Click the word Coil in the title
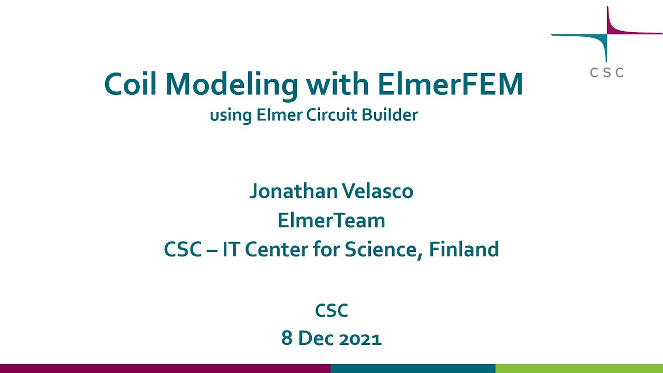(130, 84)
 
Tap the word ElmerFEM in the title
(450, 84)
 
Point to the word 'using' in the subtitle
(230, 116)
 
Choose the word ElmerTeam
(331, 220)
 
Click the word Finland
(464, 249)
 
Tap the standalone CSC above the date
(331, 311)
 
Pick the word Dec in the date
(316, 339)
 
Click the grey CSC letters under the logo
(607, 73)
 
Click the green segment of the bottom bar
(579, 368)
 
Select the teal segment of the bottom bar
(413, 368)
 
